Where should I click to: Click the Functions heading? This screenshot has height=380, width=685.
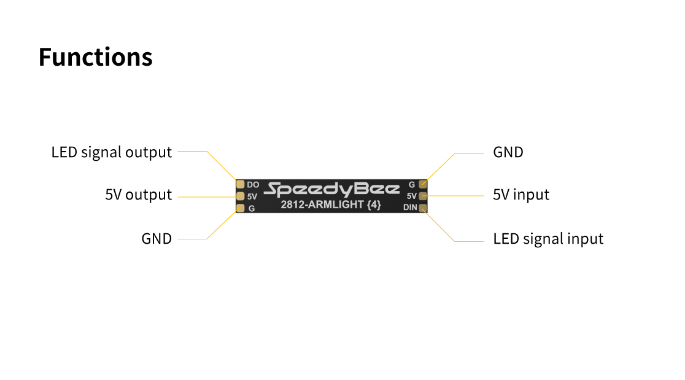pyautogui.click(x=95, y=57)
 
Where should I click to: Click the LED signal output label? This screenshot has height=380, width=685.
pyautogui.click(x=112, y=152)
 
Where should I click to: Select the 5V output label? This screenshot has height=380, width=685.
pyautogui.click(x=138, y=195)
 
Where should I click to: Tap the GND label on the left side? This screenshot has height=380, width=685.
pyautogui.click(x=157, y=239)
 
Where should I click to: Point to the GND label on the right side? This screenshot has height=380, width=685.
pyautogui.click(x=508, y=152)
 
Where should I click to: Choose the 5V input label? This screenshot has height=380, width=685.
pyautogui.click(x=521, y=195)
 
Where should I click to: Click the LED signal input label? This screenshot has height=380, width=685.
pyautogui.click(x=548, y=239)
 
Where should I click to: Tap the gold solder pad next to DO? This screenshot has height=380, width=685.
pyautogui.click(x=241, y=184)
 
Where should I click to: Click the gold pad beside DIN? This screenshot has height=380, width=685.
pyautogui.click(x=423, y=207)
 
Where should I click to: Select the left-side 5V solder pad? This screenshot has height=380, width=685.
pyautogui.click(x=241, y=196)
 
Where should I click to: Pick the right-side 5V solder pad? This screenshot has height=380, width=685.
pyautogui.click(x=423, y=196)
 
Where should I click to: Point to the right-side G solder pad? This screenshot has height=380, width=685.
pyautogui.click(x=423, y=184)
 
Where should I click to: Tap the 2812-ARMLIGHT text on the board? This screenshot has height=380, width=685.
pyautogui.click(x=322, y=205)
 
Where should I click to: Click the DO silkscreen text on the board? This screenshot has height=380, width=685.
pyautogui.click(x=252, y=184)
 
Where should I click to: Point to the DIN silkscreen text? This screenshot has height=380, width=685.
pyautogui.click(x=410, y=207)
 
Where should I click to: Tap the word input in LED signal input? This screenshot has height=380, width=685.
pyautogui.click(x=585, y=239)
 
